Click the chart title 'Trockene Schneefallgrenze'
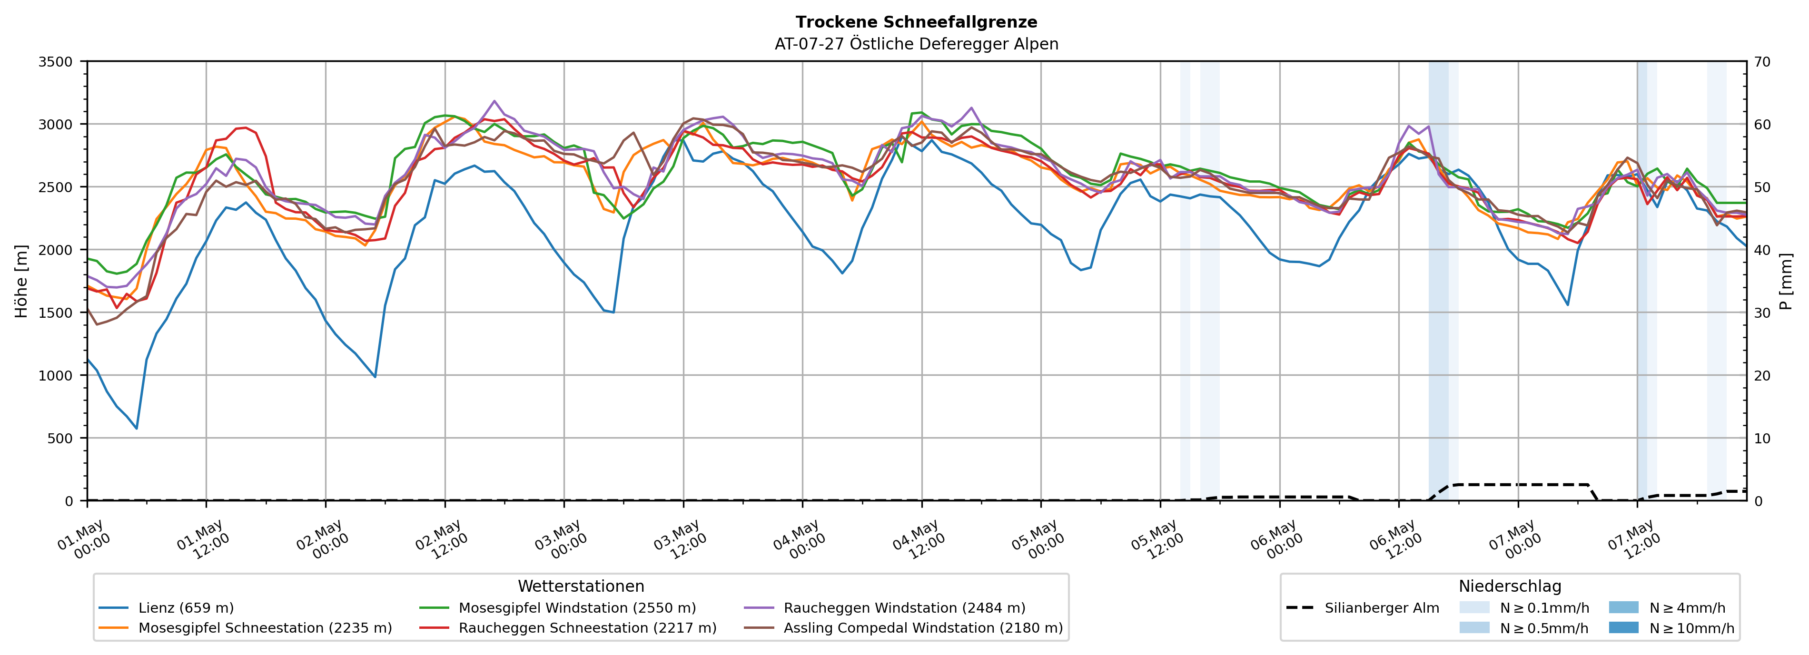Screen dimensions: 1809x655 click(917, 22)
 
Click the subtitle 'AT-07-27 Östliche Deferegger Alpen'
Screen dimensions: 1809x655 click(917, 44)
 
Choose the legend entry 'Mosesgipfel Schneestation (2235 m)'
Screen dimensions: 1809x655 click(245, 627)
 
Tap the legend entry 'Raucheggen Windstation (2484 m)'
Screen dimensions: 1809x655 click(884, 608)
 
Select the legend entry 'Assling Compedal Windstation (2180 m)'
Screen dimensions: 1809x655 click(903, 627)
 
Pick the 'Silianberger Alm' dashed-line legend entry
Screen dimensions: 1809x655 click(1363, 608)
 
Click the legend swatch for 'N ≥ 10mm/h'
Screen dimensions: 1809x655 click(1623, 627)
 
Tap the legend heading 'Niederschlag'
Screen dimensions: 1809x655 click(1510, 586)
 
